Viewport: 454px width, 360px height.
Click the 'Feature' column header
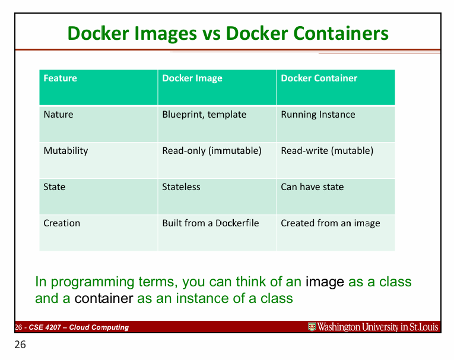[60, 78]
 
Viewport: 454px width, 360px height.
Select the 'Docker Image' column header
[192, 78]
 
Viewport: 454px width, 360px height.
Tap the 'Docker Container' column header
[319, 78]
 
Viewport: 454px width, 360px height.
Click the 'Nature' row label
[58, 115]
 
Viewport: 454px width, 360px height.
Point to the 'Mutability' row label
[65, 151]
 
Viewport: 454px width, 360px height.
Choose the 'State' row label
[55, 187]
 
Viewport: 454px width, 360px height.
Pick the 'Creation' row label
[62, 223]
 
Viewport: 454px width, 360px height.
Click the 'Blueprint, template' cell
[204, 115]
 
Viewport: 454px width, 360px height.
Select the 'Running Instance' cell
[318, 115]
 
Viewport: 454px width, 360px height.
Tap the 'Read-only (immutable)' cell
[212, 151]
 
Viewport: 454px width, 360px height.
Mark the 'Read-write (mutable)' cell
[327, 151]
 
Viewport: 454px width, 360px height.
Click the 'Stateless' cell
[181, 187]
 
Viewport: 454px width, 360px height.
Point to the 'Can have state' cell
[312, 187]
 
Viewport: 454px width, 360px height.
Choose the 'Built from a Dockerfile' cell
[211, 223]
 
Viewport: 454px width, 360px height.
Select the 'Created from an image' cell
[330, 223]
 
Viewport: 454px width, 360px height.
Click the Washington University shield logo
[312, 327]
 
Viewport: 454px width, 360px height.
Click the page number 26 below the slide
[20, 345]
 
